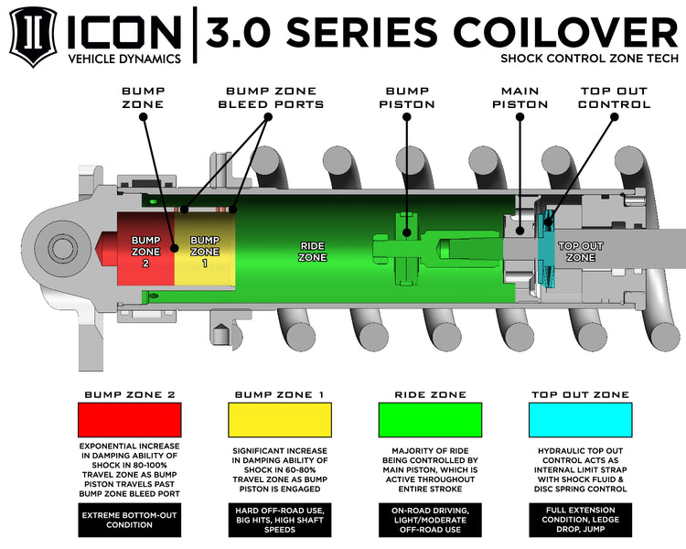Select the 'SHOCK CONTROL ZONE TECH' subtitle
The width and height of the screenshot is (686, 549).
pyautogui.click(x=589, y=59)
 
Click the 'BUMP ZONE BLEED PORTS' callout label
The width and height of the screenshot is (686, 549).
pyautogui.click(x=271, y=97)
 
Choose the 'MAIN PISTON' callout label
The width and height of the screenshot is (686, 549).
pyautogui.click(x=520, y=97)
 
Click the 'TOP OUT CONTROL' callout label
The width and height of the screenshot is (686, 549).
pyautogui.click(x=615, y=97)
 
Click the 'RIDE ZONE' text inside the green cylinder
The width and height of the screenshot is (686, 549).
pyautogui.click(x=312, y=251)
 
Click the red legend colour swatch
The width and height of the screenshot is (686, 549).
pyautogui.click(x=129, y=419)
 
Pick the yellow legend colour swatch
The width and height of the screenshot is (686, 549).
pyautogui.click(x=279, y=419)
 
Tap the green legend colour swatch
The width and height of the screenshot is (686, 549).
pyautogui.click(x=430, y=419)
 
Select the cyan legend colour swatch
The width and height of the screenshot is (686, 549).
pyautogui.click(x=581, y=419)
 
